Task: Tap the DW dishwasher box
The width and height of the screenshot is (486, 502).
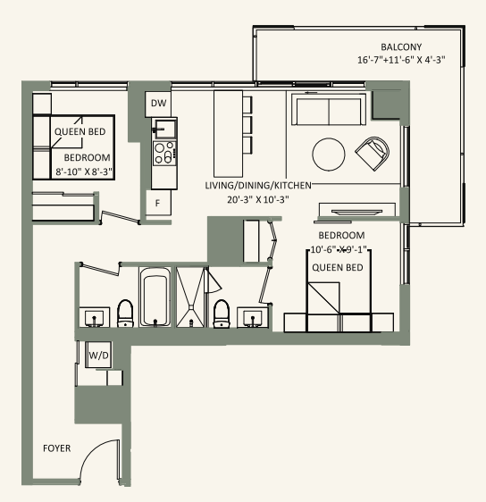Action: click(x=158, y=104)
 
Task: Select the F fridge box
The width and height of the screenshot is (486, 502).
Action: click(x=158, y=203)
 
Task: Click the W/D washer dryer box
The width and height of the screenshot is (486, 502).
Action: click(x=96, y=356)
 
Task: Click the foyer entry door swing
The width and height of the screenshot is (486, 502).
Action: click(x=98, y=461)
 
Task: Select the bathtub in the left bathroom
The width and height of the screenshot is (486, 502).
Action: click(x=155, y=299)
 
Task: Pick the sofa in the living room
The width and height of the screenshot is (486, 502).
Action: click(x=327, y=112)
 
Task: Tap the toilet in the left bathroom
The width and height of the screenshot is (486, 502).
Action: click(x=125, y=313)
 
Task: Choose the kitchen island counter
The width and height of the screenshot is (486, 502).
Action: click(x=229, y=133)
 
